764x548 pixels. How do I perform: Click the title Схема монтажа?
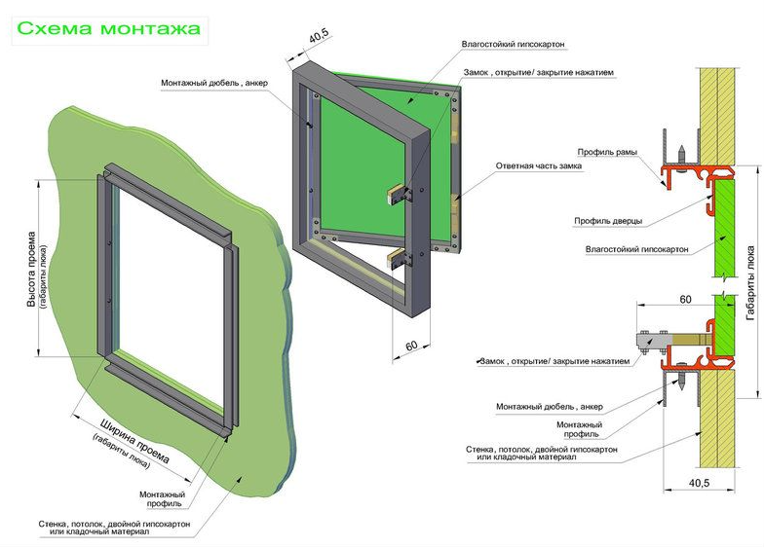coord(107,28)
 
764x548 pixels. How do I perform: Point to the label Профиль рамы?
coord(606,152)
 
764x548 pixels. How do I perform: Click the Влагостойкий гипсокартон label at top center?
coord(514,45)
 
